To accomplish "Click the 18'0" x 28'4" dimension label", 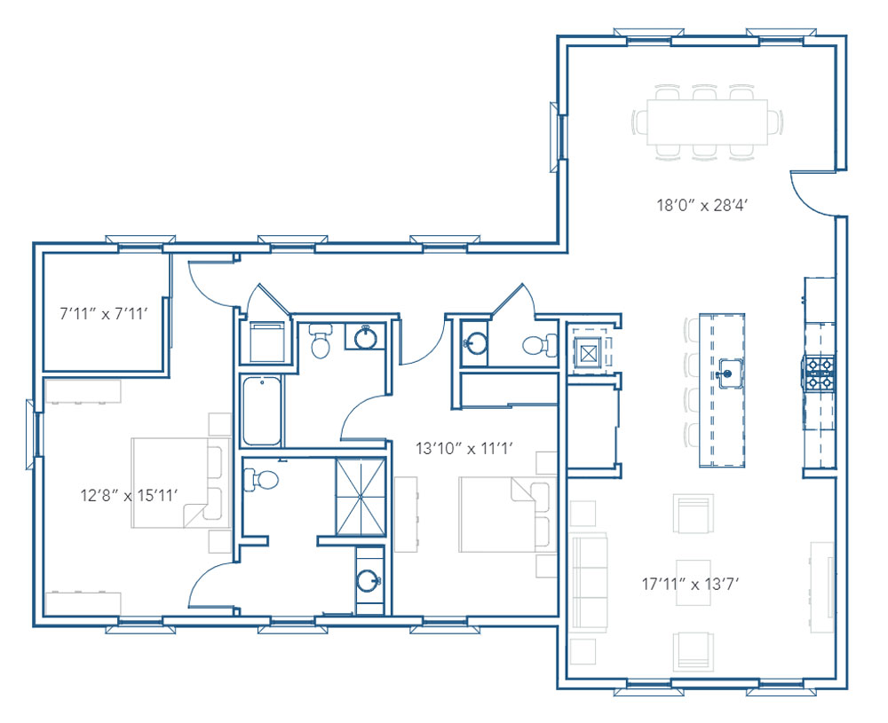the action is click(x=702, y=205).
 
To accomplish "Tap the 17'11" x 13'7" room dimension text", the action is click(x=691, y=583).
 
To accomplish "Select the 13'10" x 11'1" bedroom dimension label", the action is click(x=464, y=449).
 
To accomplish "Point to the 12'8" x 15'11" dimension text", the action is click(x=129, y=496).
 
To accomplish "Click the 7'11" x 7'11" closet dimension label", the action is click(x=104, y=313).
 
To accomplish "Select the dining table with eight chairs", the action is click(x=708, y=122).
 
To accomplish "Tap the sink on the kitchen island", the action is click(x=728, y=373).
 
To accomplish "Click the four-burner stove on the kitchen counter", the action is click(x=819, y=373).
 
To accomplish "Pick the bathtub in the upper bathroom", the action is click(x=262, y=411).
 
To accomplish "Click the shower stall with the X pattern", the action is click(x=361, y=497).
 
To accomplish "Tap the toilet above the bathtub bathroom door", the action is click(x=321, y=342).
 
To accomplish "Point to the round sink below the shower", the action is click(x=369, y=580).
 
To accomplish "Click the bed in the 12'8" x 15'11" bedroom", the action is click(x=181, y=483).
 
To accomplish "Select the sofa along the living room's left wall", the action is click(x=590, y=582).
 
